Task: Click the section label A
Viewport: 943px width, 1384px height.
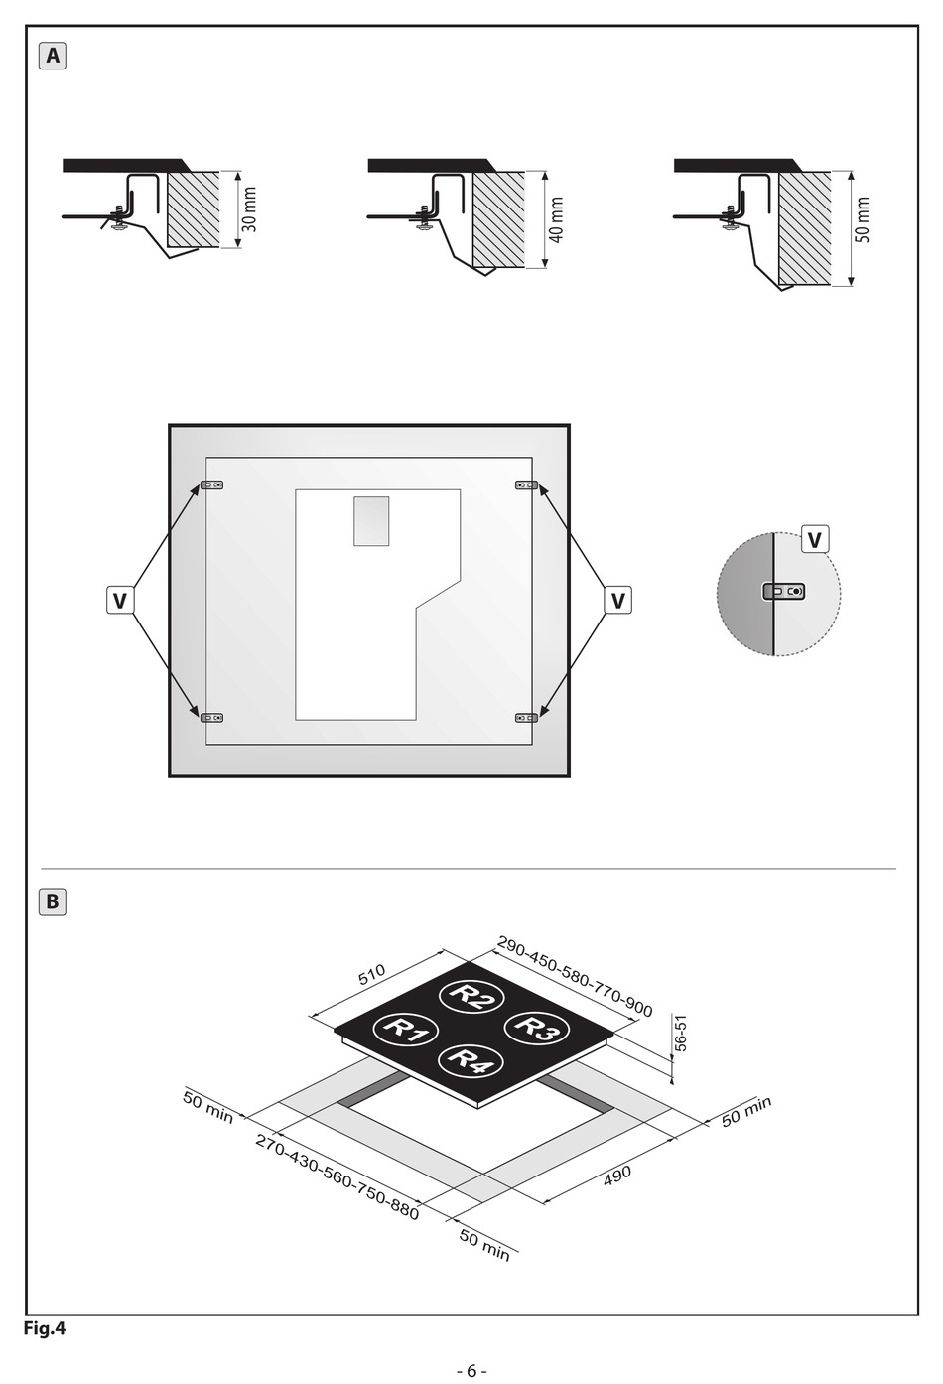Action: pos(53,57)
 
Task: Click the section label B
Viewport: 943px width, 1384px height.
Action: pos(53,902)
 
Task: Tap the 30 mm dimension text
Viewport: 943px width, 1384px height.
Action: pos(249,209)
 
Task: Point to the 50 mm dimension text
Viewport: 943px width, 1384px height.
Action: pos(863,220)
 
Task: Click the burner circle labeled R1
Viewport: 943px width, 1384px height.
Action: pos(406,1030)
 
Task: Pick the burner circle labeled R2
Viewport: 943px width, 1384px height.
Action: pos(471,997)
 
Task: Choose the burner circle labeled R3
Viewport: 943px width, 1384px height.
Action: pos(537,1028)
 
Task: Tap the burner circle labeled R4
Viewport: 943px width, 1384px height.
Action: pos(471,1061)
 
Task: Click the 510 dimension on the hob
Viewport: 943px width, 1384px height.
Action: pos(372,974)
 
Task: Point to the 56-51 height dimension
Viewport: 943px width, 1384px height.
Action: pos(681,1033)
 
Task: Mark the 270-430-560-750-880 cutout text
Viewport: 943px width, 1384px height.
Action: pos(337,1177)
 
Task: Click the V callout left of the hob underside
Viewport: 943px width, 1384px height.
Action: pos(120,600)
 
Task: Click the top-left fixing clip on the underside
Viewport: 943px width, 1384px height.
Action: pos(211,485)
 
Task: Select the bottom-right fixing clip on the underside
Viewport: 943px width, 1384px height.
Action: pos(527,718)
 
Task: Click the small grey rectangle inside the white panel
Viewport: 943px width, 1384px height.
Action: pos(371,521)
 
